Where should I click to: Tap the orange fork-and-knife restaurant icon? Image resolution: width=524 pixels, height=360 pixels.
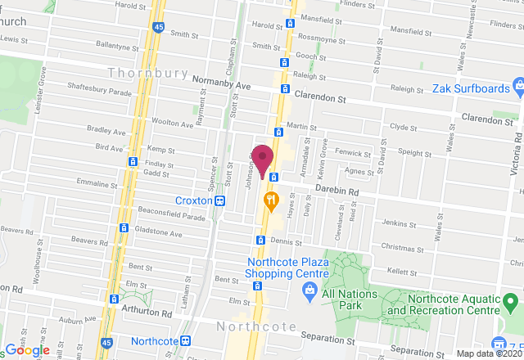(269, 199)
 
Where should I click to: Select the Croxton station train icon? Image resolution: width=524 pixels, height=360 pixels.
(219, 200)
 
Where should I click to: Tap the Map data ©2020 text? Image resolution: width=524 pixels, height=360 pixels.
(488, 354)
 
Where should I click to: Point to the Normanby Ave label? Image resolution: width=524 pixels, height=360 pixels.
(219, 83)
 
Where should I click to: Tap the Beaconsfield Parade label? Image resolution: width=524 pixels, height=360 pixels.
(171, 217)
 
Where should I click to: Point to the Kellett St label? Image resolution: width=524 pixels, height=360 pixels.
(402, 269)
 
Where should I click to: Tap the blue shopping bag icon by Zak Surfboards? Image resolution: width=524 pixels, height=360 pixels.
(518, 87)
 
